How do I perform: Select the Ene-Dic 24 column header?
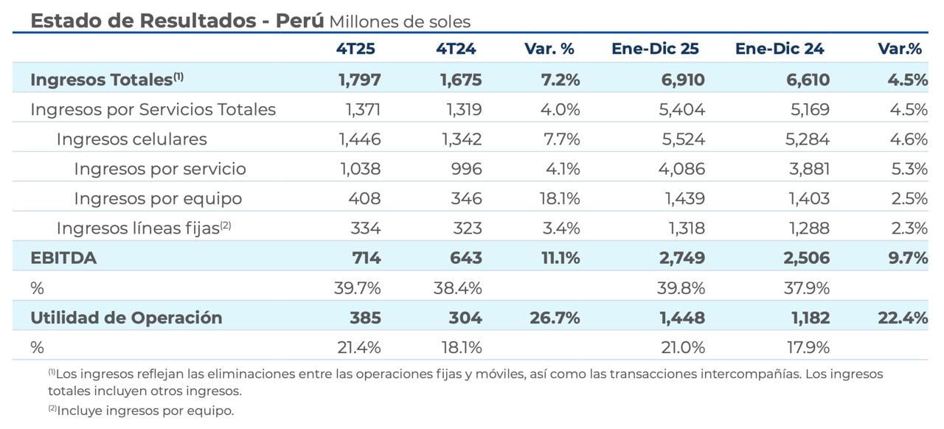click(780, 49)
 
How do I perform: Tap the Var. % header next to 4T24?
click(549, 49)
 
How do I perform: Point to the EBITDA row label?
click(63, 258)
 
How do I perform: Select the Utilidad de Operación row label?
click(126, 318)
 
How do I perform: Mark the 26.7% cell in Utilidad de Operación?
click(555, 318)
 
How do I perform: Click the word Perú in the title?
click(299, 21)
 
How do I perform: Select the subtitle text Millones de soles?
click(400, 22)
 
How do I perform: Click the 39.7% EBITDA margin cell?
click(358, 288)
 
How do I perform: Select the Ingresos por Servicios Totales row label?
click(153, 110)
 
